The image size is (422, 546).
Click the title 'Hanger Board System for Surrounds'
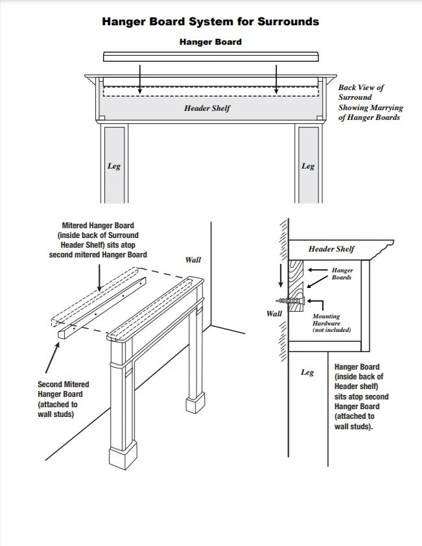pyautogui.click(x=211, y=21)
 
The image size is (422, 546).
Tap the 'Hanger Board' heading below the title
pyautogui.click(x=211, y=42)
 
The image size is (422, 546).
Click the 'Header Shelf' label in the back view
pyautogui.click(x=207, y=108)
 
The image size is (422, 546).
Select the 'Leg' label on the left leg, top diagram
pyautogui.click(x=113, y=166)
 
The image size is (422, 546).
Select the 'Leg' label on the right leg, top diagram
pyautogui.click(x=308, y=166)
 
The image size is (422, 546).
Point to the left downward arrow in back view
pyautogui.click(x=140, y=78)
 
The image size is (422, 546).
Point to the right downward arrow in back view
pyautogui.click(x=277, y=78)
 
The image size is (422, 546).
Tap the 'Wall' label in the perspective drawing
pyautogui.click(x=193, y=259)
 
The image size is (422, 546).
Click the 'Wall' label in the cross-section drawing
pyautogui.click(x=274, y=313)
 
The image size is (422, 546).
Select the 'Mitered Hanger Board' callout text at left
pyautogui.click(x=98, y=240)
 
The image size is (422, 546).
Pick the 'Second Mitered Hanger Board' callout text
pyautogui.click(x=63, y=399)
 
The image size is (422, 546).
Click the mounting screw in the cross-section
pyautogui.click(x=289, y=301)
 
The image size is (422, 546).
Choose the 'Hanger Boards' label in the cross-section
pyautogui.click(x=342, y=273)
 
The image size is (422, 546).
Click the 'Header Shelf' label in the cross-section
pyautogui.click(x=331, y=249)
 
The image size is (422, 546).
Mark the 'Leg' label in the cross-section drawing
pyautogui.click(x=307, y=372)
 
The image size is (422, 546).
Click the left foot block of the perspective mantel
pyautogui.click(x=123, y=457)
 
